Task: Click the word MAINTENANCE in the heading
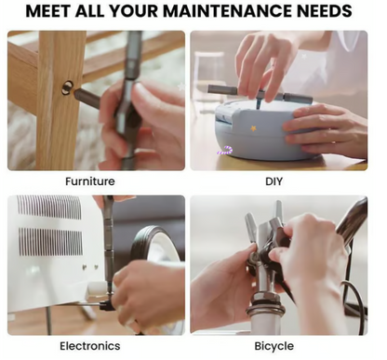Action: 227,11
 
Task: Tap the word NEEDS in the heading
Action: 325,11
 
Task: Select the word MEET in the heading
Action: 48,11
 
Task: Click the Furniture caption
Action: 90,181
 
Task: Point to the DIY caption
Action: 274,181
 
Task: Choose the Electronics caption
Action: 90,346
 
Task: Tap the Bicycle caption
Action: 274,346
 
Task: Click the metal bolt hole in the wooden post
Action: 67,87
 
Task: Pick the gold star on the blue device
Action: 253,127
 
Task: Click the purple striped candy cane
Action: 226,151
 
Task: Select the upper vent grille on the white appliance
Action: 49,207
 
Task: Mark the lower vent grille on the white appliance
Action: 50,242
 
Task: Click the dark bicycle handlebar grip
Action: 352,217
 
